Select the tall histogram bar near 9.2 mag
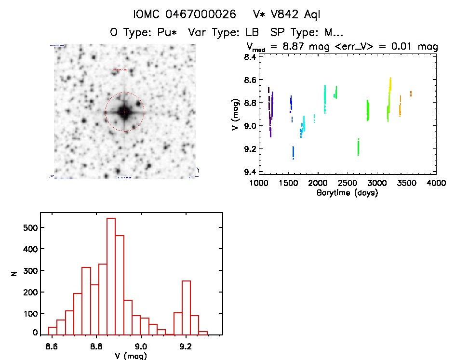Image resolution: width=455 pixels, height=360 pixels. tap(186, 307)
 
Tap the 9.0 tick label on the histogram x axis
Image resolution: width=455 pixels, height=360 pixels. tap(141, 346)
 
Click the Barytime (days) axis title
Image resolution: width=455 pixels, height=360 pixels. tap(347, 193)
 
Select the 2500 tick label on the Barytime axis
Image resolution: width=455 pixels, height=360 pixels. tap(347, 184)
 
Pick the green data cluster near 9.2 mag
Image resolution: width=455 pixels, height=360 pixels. tap(358, 147)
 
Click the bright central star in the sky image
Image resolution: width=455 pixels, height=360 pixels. tap(124, 112)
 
